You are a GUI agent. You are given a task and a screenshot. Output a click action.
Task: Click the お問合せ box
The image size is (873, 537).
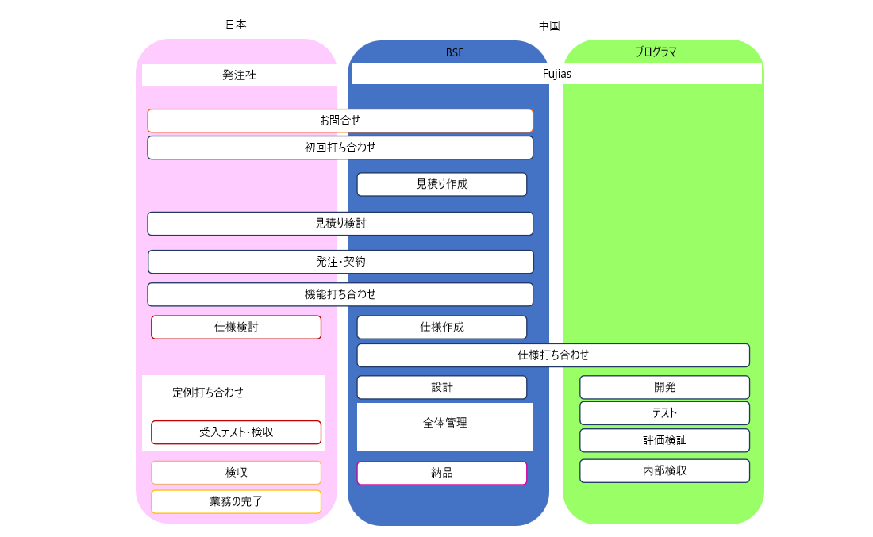340,121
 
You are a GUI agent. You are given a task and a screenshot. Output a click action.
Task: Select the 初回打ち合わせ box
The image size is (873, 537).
340,148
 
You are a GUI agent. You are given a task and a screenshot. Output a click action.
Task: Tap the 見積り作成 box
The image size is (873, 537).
441,184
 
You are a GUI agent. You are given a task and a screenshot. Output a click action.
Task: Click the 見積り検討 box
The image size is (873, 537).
340,224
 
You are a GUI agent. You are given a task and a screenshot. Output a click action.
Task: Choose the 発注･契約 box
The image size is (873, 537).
340,262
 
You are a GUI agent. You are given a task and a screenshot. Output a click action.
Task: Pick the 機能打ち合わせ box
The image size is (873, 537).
340,294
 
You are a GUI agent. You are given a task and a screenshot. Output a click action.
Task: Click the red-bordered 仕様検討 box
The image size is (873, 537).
236,327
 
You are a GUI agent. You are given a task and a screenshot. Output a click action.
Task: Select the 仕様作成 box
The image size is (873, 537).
441,327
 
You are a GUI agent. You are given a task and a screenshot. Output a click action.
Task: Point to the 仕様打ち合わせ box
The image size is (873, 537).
553,355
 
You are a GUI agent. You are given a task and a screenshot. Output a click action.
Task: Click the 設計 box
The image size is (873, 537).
441,387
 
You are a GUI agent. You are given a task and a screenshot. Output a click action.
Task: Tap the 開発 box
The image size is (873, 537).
664,387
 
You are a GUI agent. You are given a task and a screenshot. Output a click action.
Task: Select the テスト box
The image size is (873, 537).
664,413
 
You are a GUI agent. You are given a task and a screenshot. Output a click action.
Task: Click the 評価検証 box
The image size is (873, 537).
664,440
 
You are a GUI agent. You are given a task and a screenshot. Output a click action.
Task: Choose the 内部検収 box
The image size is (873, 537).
664,470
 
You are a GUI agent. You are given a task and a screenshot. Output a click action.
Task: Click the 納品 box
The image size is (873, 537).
441,473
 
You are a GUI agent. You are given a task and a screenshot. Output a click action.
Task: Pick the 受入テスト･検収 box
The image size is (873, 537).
236,432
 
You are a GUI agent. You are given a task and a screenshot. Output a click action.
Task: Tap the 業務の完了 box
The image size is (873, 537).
236,501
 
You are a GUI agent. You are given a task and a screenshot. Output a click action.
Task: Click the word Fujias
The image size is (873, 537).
556,73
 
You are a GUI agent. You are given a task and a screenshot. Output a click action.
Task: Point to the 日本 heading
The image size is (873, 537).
236,25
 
